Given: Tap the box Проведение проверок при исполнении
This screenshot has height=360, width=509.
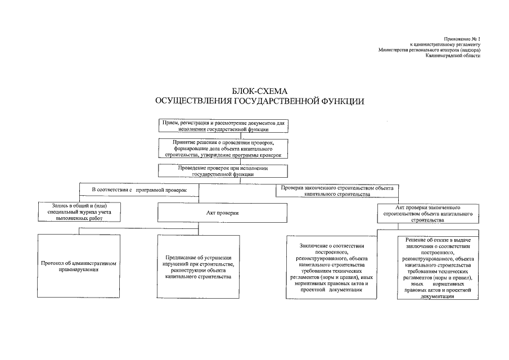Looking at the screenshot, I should (222, 171).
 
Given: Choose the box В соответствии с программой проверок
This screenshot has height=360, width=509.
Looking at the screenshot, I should (138, 190).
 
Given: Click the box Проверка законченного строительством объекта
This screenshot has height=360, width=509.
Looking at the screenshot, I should (337, 190).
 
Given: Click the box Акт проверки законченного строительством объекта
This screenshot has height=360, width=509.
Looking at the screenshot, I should (429, 214).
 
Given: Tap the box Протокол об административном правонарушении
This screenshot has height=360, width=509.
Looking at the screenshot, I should (79, 266).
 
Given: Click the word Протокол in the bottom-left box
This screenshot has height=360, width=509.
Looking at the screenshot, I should (54, 263).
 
